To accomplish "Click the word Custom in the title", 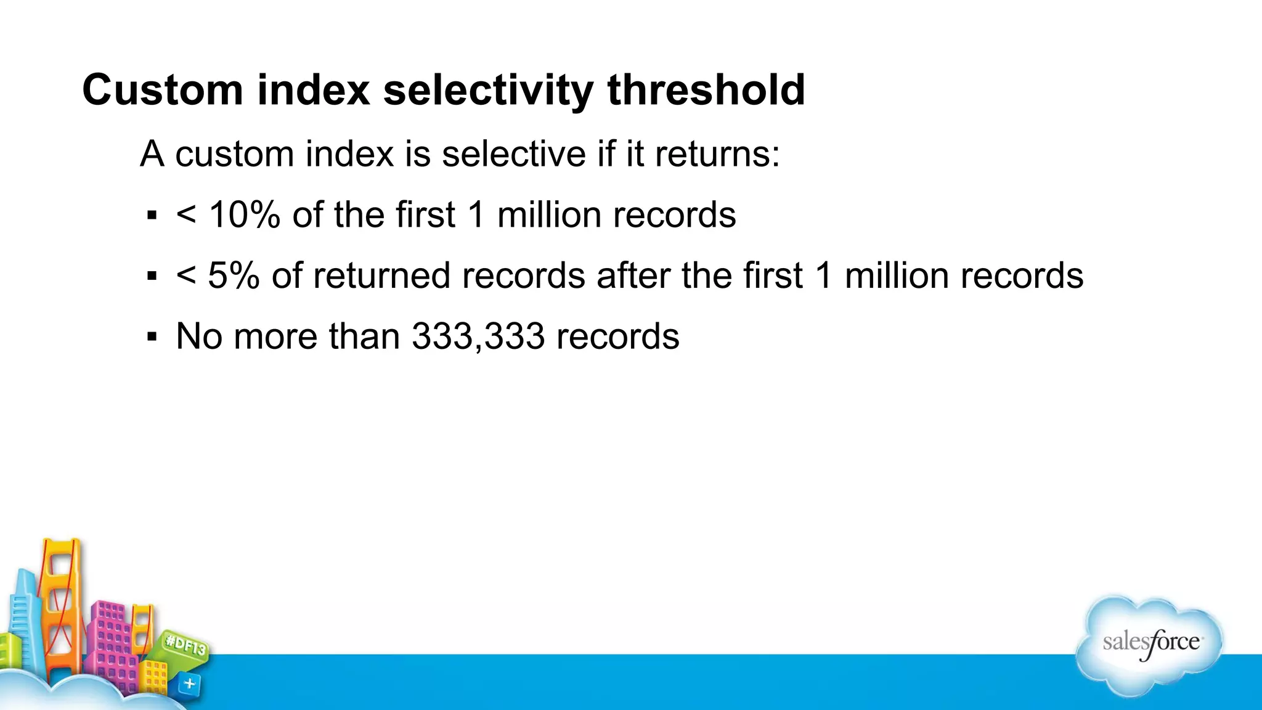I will click(x=162, y=90).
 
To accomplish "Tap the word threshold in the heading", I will click(x=706, y=90).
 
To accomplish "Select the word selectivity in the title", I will click(x=488, y=90).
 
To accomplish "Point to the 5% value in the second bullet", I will click(x=234, y=275).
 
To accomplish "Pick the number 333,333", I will click(x=478, y=337).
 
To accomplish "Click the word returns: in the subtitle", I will click(x=717, y=153).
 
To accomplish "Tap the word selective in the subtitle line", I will click(x=513, y=153).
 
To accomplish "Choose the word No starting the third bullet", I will click(x=199, y=337).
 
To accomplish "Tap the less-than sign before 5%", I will click(x=186, y=276).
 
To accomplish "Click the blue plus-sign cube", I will click(x=189, y=683).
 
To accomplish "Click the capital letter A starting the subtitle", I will click(x=152, y=153).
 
